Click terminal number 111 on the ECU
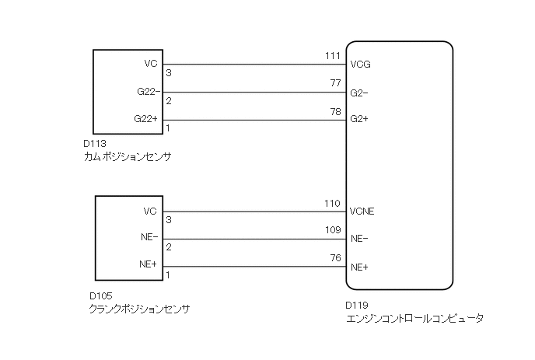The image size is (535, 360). (x=332, y=57)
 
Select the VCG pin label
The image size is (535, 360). (x=360, y=65)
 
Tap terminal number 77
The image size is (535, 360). (x=336, y=84)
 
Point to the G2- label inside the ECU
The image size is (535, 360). (x=358, y=93)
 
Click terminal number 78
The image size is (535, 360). (x=336, y=112)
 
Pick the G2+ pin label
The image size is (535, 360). (x=359, y=120)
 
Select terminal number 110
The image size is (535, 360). (x=332, y=204)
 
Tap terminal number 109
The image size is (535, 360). (x=332, y=231)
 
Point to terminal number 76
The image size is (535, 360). (x=336, y=258)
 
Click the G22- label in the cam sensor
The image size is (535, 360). (x=146, y=93)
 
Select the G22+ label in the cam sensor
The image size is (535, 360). (x=146, y=119)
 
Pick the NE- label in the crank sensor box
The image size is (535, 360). (x=149, y=238)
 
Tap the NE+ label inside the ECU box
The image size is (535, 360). (x=359, y=267)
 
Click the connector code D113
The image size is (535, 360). (x=94, y=144)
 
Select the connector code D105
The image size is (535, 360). (x=101, y=296)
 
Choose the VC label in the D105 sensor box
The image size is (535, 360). (x=151, y=211)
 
